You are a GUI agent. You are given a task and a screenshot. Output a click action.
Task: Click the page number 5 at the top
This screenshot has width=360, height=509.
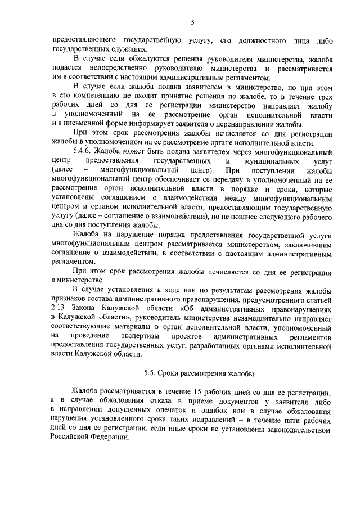point(192,22)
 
